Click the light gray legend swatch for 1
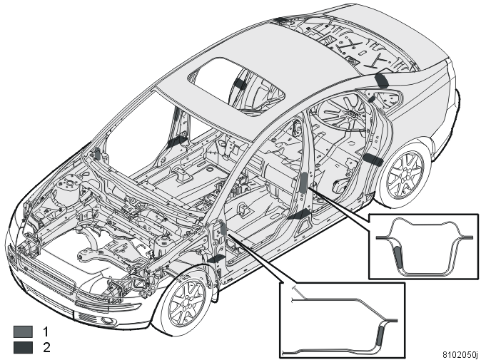coord(23,331)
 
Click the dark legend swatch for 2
coord(23,347)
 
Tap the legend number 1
coord(46,331)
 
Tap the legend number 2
coord(46,347)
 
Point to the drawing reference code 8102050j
coord(460,354)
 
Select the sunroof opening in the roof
coord(236,86)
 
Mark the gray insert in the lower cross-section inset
coord(380,338)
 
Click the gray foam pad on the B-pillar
coord(303,182)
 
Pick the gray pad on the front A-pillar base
coord(223,229)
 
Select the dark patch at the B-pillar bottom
coord(300,214)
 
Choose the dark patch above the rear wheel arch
coord(373,160)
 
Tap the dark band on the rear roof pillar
coord(382,80)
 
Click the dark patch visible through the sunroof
coord(241,83)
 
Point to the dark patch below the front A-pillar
coord(216,258)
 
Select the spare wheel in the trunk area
coord(342,111)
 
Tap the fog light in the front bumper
coord(107,321)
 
